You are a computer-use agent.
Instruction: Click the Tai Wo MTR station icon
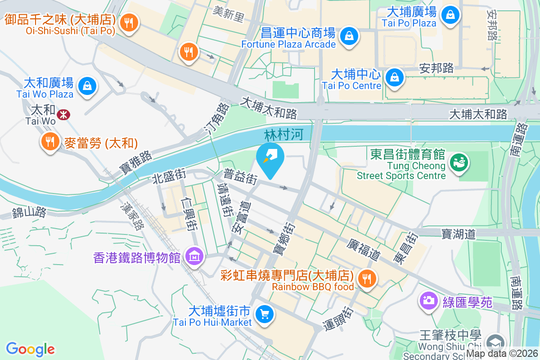pyautogui.click(x=63, y=114)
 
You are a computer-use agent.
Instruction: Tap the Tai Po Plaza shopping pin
pyautogui.click(x=450, y=14)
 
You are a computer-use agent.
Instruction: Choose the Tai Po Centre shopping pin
pyautogui.click(x=394, y=76)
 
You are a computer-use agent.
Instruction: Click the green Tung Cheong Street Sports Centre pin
pyautogui.click(x=459, y=162)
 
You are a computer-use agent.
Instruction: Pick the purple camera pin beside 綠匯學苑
pyautogui.click(x=428, y=301)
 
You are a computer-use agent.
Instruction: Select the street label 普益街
pyautogui.click(x=241, y=176)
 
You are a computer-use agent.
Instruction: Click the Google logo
pyautogui.click(x=30, y=349)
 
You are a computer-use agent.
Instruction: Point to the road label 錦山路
pyautogui.click(x=29, y=212)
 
